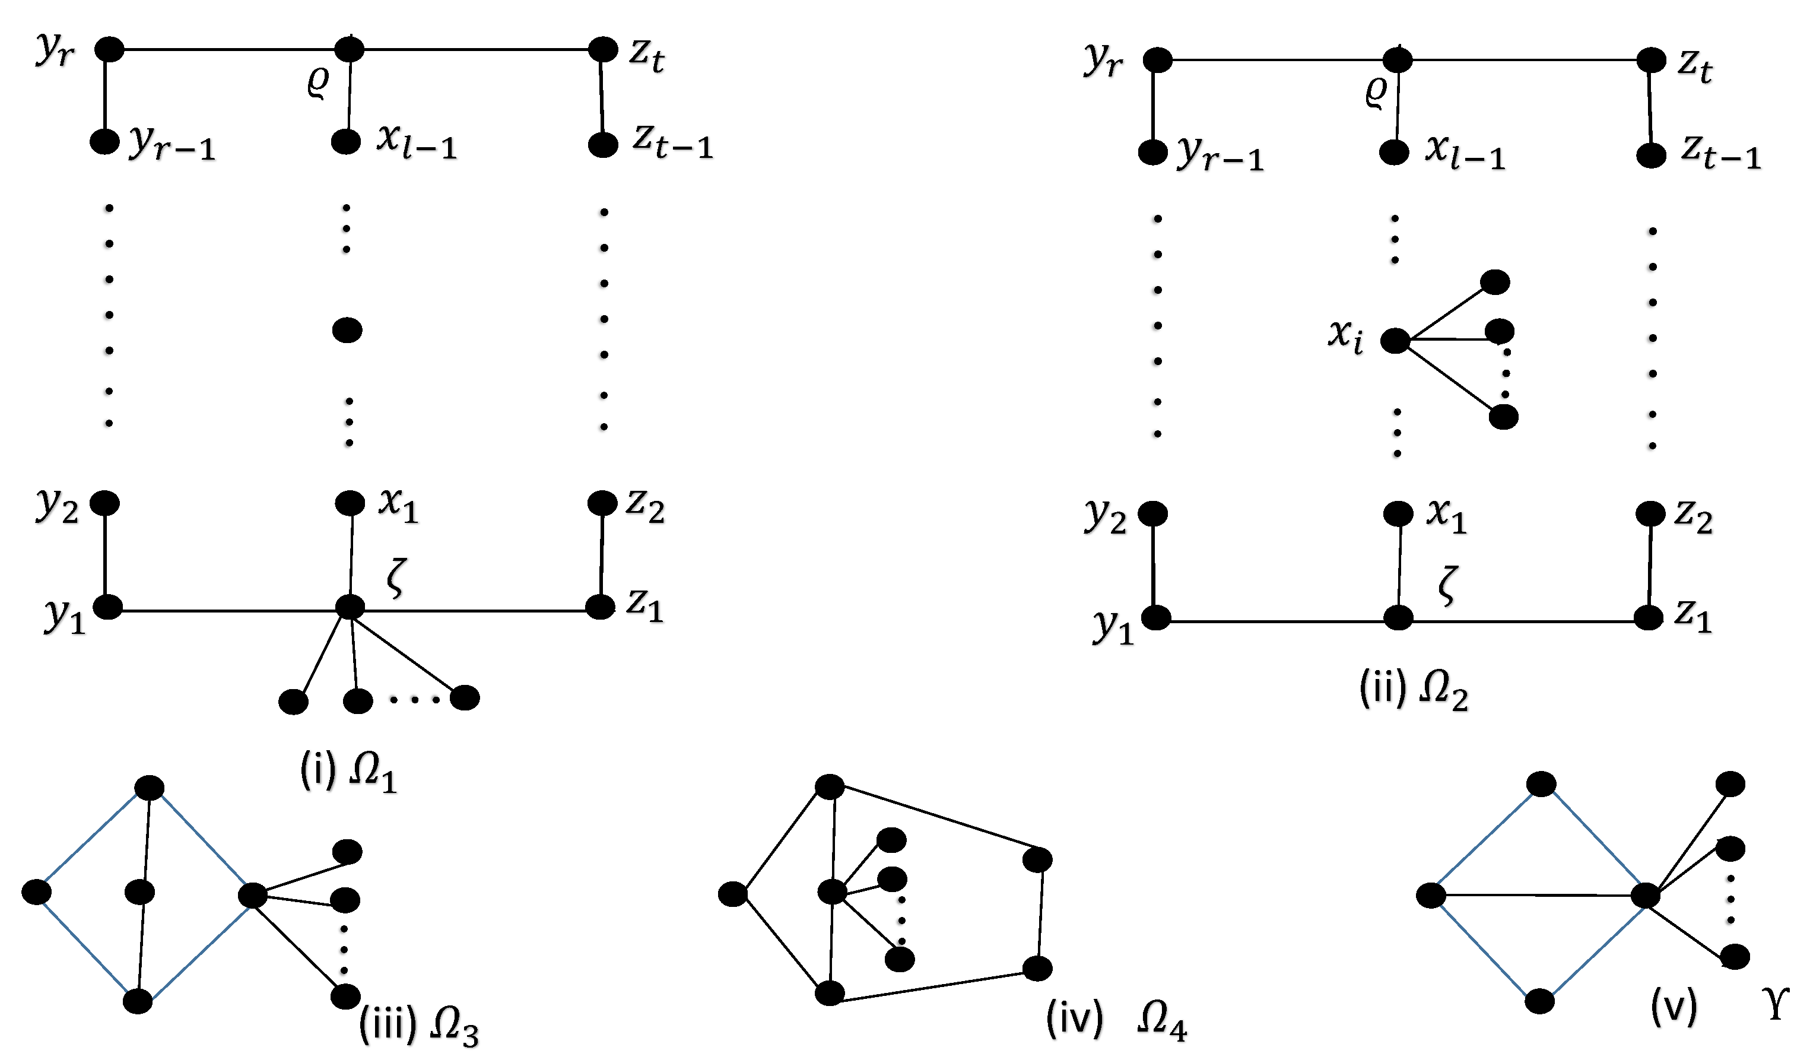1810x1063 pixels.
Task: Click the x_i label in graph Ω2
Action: [x=1345, y=335]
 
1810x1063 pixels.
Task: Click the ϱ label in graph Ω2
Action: [x=1376, y=93]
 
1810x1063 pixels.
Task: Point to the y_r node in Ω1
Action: [x=110, y=49]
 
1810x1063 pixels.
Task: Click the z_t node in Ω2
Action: [x=1650, y=61]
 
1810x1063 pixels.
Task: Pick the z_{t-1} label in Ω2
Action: [x=1720, y=153]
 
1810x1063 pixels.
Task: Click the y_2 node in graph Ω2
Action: [x=1153, y=514]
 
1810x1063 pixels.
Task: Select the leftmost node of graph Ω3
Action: [x=37, y=892]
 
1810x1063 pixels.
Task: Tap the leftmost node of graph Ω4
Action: [x=733, y=895]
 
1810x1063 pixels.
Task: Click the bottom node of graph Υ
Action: [x=1539, y=1001]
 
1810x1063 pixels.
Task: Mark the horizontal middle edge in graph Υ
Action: [x=1537, y=896]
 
